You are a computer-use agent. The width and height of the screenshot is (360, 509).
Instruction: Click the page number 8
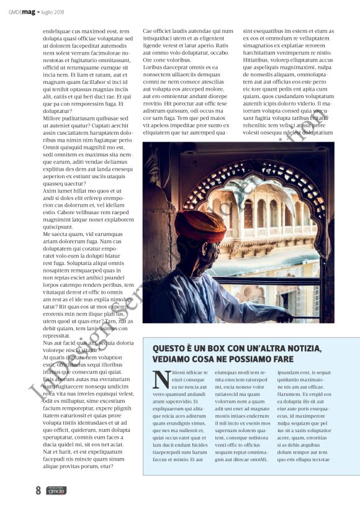coord(38,490)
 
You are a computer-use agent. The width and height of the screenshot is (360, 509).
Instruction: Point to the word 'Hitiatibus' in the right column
coord(258,60)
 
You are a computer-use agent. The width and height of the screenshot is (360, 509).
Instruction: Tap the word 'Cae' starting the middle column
coord(148,30)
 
